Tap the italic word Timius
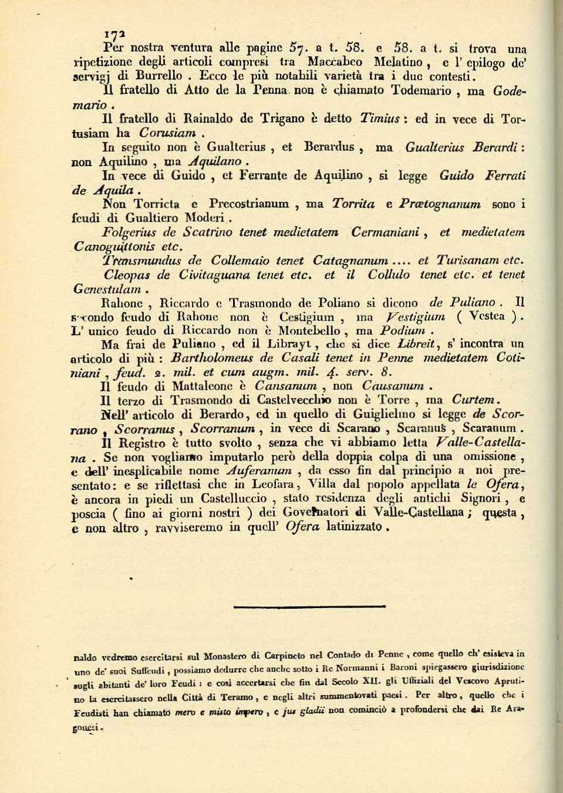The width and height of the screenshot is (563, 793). click(380, 119)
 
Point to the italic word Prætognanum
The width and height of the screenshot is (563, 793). click(440, 205)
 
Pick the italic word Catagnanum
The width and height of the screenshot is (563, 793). click(350, 261)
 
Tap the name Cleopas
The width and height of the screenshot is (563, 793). click(129, 275)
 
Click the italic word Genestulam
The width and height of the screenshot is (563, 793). click(107, 289)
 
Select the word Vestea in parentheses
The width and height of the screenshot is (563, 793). click(487, 317)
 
